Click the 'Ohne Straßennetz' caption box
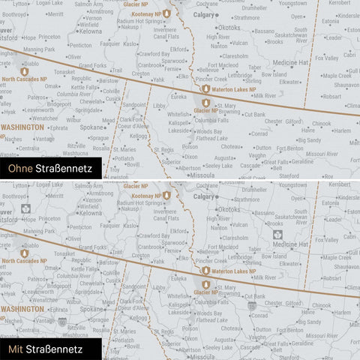[46, 169]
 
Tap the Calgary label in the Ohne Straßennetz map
[204, 14]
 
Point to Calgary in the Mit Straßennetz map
[204, 195]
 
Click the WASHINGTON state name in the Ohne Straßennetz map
[22, 127]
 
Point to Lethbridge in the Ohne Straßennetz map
[240, 75]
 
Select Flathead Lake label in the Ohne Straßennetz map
[211, 138]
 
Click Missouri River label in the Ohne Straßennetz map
[331, 153]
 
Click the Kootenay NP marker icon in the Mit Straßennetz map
[166, 195]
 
